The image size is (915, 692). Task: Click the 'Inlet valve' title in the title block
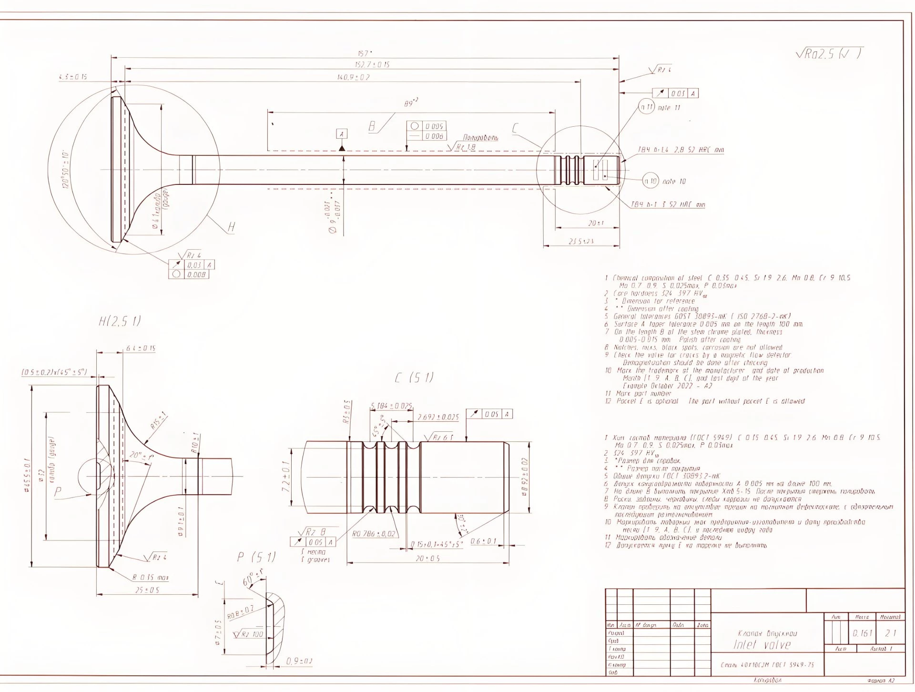click(x=762, y=645)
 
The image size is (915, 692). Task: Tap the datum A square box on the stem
click(x=341, y=134)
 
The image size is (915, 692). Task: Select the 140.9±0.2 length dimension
click(x=353, y=77)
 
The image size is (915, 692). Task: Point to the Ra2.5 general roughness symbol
click(x=828, y=54)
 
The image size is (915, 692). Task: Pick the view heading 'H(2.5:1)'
click(x=120, y=321)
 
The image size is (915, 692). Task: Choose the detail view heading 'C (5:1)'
click(x=414, y=378)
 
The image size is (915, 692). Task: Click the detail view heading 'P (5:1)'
click(x=256, y=557)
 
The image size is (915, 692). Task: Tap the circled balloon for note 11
click(x=647, y=107)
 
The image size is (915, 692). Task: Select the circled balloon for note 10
click(x=651, y=181)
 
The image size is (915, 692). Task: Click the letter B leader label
click(x=372, y=127)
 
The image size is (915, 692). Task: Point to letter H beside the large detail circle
click(x=232, y=227)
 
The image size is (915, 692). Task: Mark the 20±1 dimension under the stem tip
click(x=596, y=223)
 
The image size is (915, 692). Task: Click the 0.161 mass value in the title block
click(x=863, y=633)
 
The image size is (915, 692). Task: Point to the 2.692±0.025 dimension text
click(x=438, y=417)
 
